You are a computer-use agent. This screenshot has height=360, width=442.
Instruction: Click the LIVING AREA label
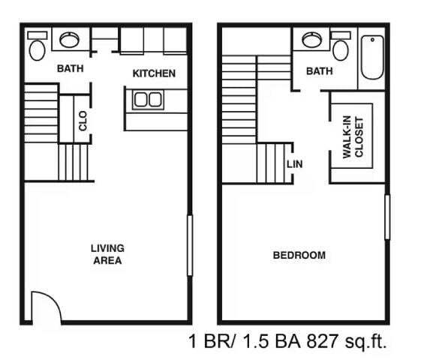pos(107,254)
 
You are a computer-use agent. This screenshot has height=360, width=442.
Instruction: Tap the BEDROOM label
pos(299,255)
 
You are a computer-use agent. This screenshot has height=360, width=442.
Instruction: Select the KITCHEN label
pos(154,73)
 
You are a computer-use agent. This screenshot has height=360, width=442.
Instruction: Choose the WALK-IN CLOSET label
pos(353,137)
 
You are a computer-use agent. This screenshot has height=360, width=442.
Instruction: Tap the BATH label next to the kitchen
pos(71,68)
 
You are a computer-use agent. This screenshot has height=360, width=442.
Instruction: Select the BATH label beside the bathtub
pos(319,71)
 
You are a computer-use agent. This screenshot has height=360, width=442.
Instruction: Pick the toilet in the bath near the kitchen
pos(36,49)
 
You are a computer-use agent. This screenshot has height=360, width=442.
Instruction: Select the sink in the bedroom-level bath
pos(309,39)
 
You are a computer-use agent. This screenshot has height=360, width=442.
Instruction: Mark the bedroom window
pos(387,217)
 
